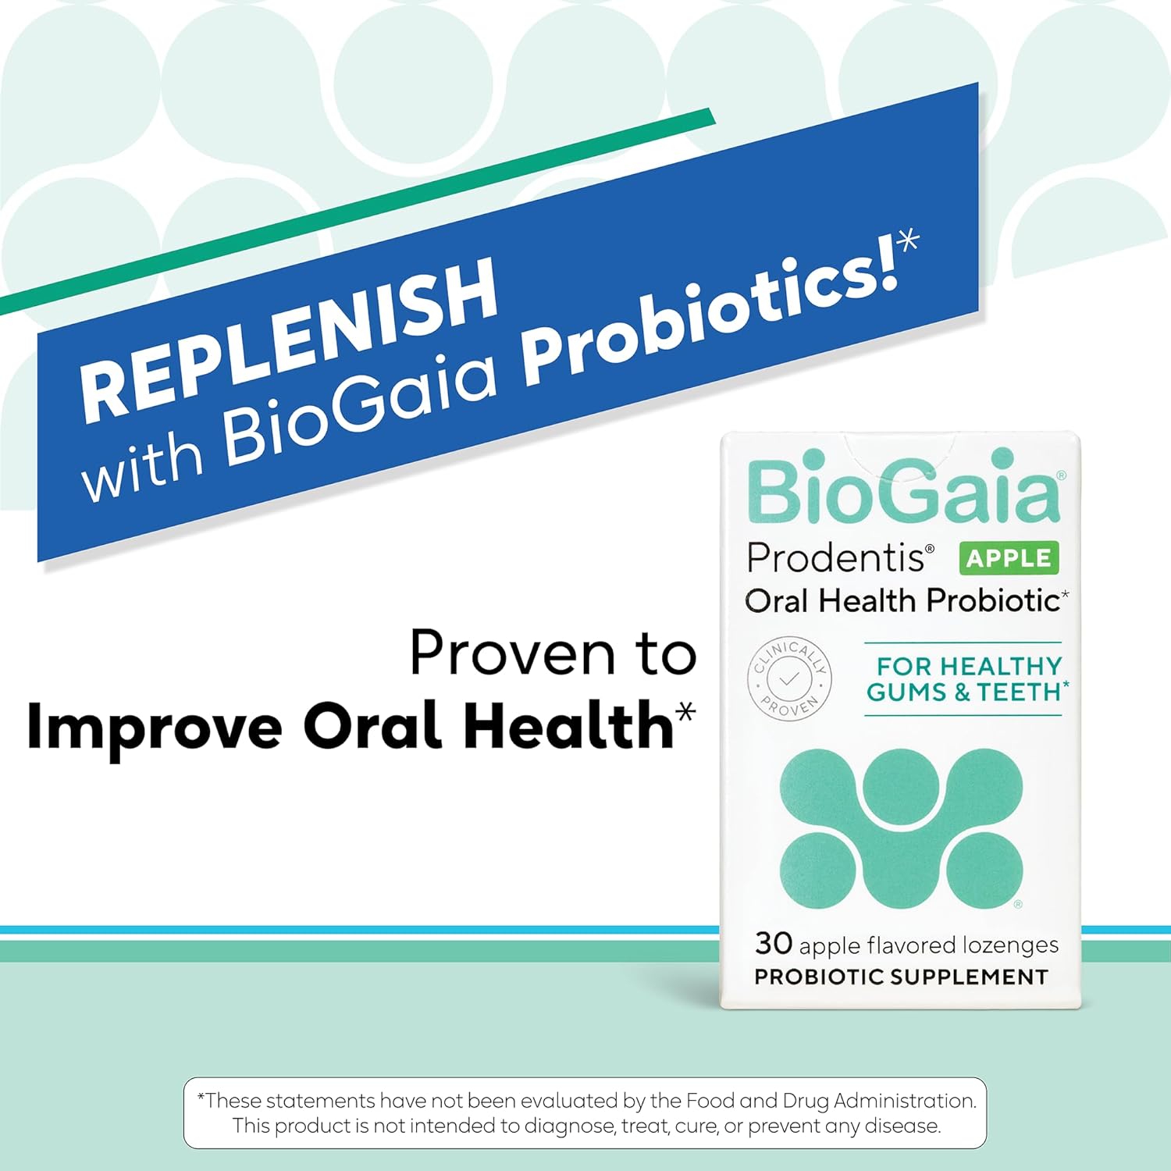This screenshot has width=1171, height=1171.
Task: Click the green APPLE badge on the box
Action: click(x=1009, y=558)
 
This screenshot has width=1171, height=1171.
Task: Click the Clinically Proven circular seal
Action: click(x=789, y=678)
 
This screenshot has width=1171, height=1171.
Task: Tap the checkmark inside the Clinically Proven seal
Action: click(x=789, y=678)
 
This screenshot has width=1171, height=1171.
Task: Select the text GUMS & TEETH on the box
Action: click(x=964, y=692)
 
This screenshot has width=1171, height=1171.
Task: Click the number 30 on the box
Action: click(x=774, y=943)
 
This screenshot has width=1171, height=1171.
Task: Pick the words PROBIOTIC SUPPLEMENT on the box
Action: click(x=901, y=977)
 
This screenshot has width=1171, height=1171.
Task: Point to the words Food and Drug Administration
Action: click(x=831, y=1101)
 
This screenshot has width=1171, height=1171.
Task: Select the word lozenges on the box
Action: click(x=1010, y=945)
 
